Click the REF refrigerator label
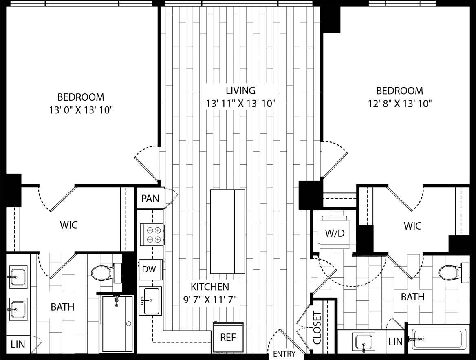click(228, 338)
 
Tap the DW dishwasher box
click(151, 269)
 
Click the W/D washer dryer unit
click(335, 233)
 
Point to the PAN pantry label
click(150, 199)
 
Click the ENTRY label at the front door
click(284, 354)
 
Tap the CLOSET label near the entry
click(317, 328)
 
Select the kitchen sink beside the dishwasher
click(150, 301)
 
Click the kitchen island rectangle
click(227, 232)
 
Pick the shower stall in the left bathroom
click(117, 324)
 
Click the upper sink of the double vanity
click(18, 277)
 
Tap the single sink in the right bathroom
click(363, 342)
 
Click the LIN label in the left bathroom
click(18, 344)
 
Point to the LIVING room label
click(240, 91)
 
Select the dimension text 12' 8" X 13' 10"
click(399, 104)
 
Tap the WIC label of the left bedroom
click(68, 225)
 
